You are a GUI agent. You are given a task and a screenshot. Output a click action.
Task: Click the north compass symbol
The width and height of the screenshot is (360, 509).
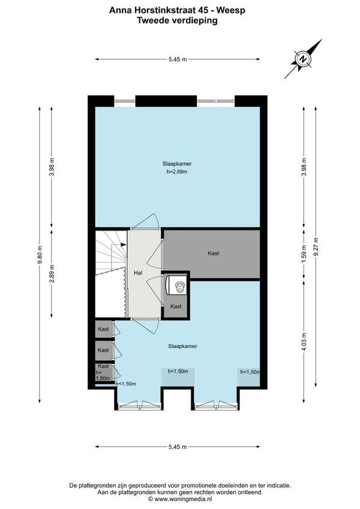303,59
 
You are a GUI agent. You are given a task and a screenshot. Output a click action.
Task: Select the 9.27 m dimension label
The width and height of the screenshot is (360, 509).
316,247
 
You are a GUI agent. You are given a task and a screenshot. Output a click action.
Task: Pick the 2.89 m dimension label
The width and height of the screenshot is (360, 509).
52,273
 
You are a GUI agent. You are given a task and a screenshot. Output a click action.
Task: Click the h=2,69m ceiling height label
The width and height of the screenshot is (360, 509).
177,172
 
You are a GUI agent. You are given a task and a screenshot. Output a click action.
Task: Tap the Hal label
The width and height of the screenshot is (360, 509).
138,273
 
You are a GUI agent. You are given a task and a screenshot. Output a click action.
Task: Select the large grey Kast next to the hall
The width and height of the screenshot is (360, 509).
211,254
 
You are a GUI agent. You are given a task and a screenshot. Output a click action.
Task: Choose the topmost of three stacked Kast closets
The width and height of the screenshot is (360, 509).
104,329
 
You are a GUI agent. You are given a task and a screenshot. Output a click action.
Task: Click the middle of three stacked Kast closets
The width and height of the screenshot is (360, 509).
104,350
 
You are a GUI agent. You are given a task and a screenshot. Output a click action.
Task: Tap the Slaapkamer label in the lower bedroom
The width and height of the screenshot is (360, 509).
183,346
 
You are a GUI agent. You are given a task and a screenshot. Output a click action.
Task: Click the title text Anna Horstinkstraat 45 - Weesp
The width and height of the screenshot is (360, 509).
177,10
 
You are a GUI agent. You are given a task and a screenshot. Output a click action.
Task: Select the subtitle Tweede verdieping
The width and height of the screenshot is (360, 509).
177,20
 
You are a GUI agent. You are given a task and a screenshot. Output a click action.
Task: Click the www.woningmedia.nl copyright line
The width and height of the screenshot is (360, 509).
180,499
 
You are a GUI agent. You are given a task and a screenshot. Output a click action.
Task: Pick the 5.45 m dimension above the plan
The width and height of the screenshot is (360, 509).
178,59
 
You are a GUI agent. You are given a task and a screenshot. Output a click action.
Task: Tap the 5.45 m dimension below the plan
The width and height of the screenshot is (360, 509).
178,447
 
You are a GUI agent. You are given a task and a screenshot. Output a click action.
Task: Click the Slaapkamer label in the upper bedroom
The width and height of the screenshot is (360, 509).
177,164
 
